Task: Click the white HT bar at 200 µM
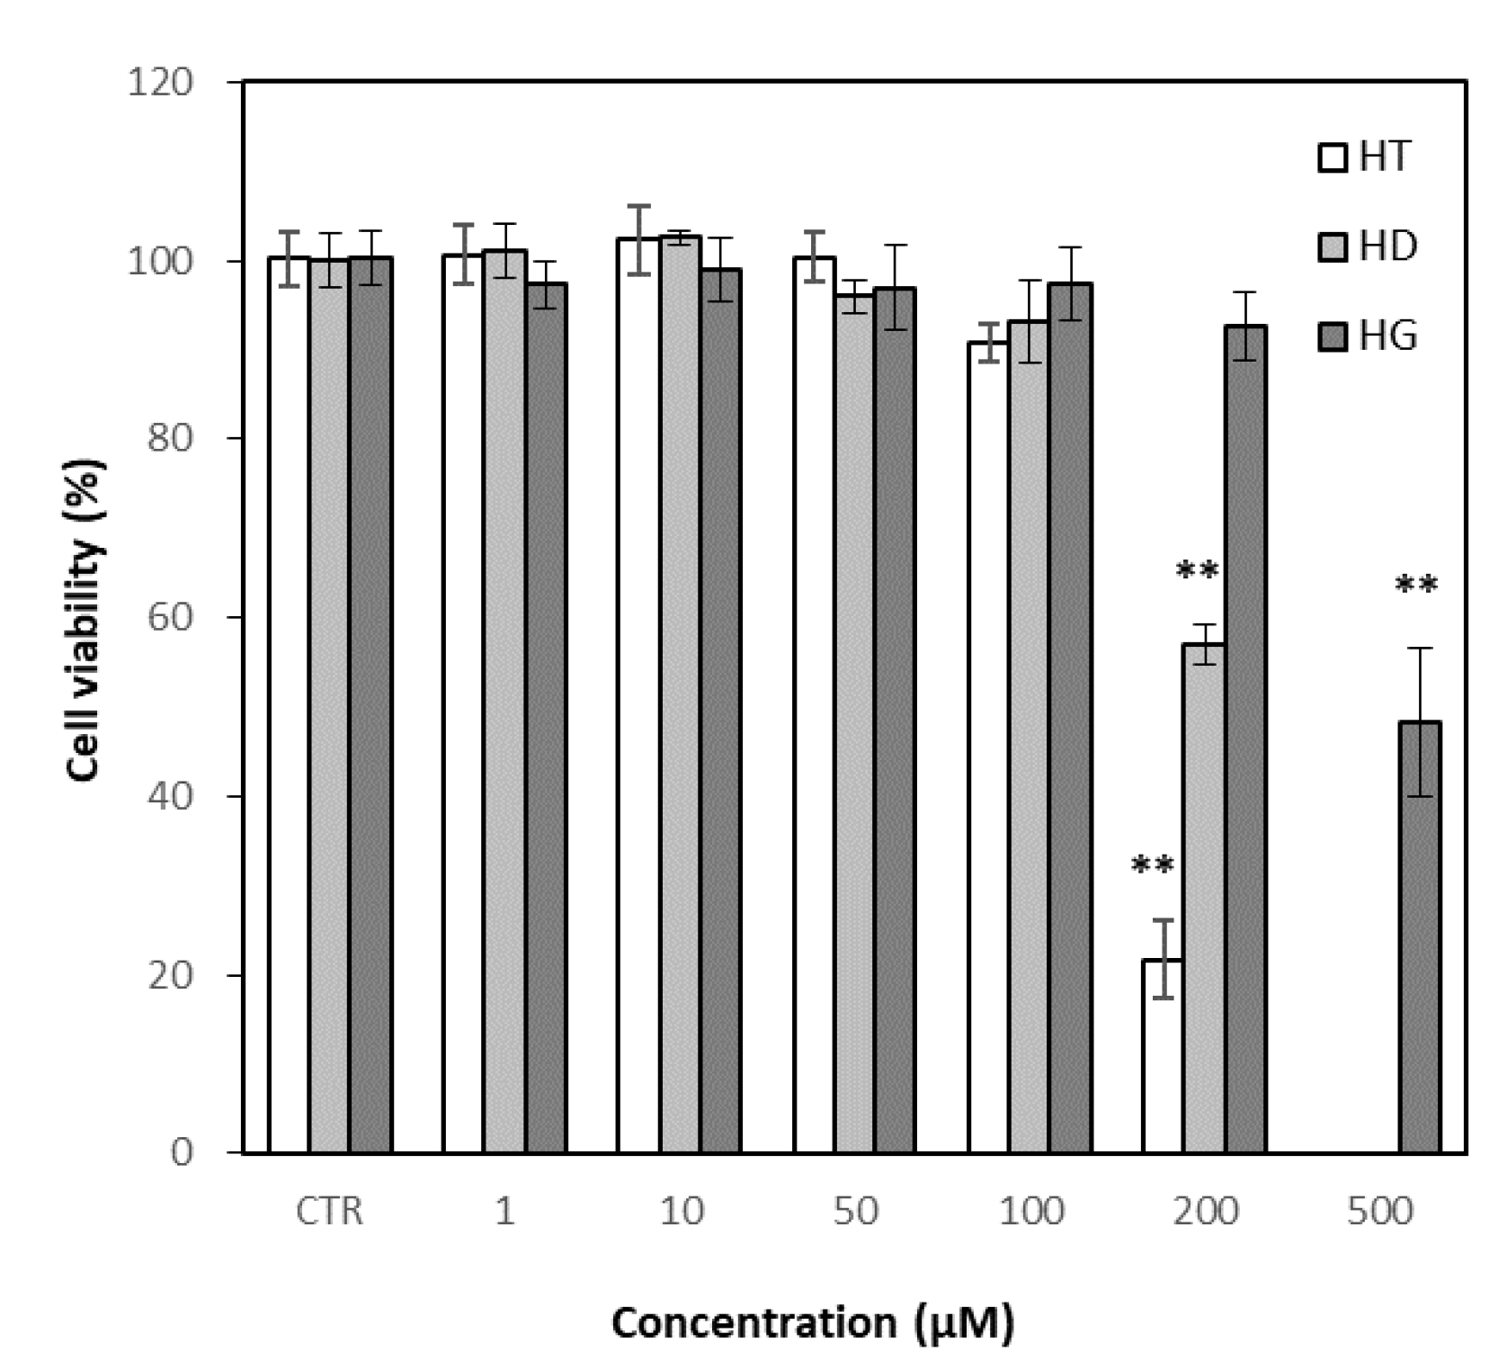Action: click(1162, 1056)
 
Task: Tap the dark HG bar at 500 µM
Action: click(1420, 936)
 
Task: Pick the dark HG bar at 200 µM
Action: click(1245, 738)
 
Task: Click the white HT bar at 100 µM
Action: click(987, 747)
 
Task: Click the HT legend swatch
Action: click(1332, 158)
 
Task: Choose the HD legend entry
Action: click(1368, 246)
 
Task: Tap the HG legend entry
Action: click(1368, 336)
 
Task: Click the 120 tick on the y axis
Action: click(160, 83)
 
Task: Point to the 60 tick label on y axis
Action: click(171, 618)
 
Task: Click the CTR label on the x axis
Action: click(329, 1212)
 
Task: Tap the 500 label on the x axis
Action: click(1379, 1212)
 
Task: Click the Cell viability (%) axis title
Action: click(86, 620)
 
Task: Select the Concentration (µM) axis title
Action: click(813, 1322)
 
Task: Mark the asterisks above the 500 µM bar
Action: click(1415, 587)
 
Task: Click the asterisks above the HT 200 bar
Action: click(1152, 866)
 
